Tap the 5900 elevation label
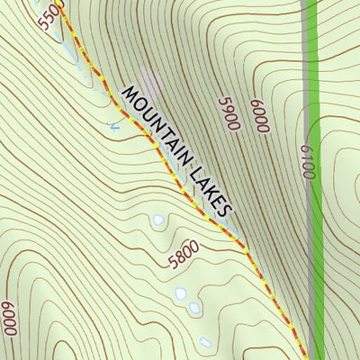[229, 112]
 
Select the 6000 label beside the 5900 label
[261, 117]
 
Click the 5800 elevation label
[183, 259]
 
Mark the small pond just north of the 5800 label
[158, 220]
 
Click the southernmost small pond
[204, 342]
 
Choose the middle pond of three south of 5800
[194, 308]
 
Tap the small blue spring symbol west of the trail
[113, 127]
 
